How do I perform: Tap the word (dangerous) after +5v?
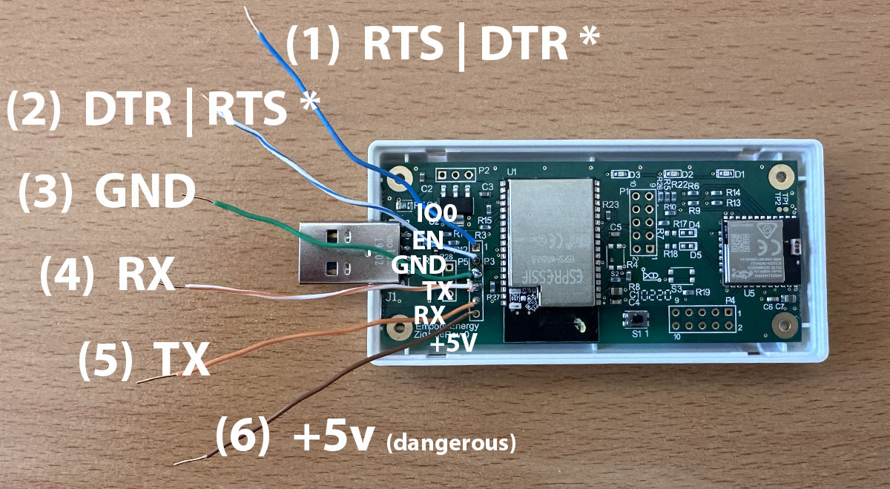[451, 444]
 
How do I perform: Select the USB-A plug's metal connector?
[338, 252]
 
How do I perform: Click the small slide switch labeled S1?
[636, 321]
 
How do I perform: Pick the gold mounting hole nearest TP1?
[779, 176]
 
